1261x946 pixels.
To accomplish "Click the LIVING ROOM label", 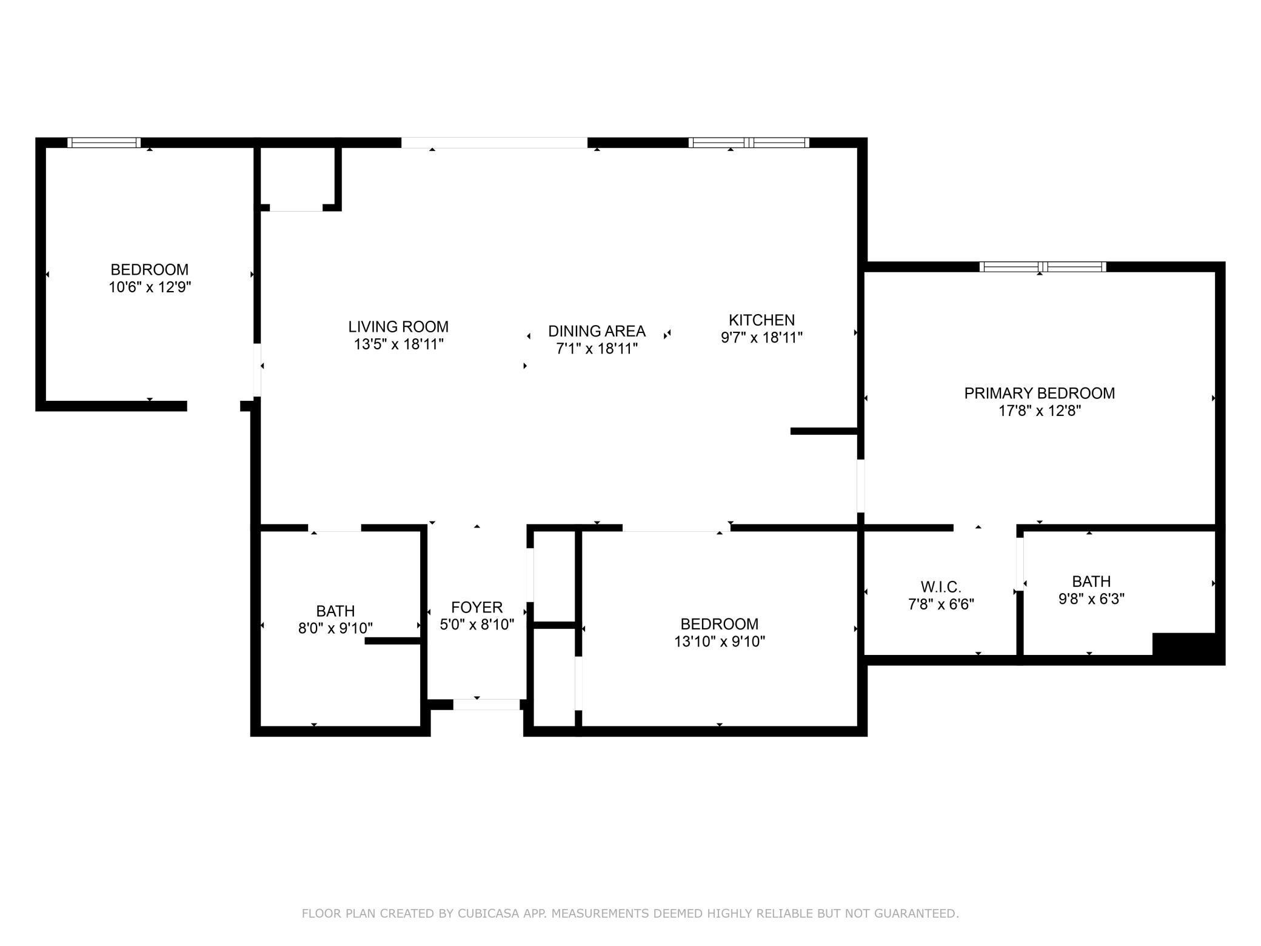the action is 398,327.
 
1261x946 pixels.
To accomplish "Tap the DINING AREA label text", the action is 597,331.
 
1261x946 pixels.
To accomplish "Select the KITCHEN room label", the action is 761,320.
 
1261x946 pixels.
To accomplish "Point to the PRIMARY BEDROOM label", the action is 1040,393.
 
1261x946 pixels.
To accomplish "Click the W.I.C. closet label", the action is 941,587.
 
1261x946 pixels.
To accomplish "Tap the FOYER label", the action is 477,607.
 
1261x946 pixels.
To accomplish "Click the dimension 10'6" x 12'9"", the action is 150,287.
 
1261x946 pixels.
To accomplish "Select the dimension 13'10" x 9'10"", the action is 720,641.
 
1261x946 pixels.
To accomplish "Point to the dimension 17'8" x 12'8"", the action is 1040,411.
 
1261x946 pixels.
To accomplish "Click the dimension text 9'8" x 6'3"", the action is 1091,599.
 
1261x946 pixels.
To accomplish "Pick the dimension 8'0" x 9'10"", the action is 335,628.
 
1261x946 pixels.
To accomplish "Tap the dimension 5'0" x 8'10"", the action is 477,624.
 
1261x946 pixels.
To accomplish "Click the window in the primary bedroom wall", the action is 1043,267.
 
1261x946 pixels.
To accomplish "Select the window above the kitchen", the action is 749,143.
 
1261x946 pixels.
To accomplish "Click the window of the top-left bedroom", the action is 104,143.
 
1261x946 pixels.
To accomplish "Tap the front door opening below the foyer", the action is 487,705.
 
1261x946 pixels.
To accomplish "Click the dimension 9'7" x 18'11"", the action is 761,337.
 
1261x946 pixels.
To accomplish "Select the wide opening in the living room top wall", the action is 494,143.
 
